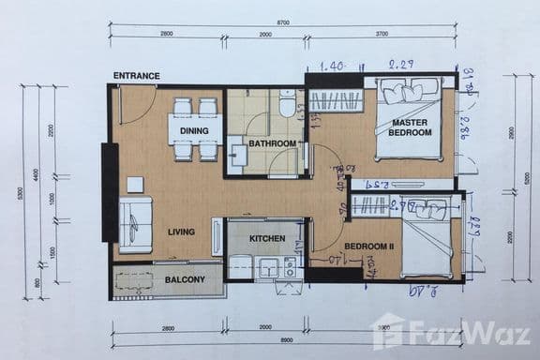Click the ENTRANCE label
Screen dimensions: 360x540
[136, 76]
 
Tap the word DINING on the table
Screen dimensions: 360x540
[194, 130]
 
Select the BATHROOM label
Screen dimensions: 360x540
[272, 143]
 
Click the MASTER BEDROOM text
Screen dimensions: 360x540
[411, 127]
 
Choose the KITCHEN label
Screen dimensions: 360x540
[267, 239]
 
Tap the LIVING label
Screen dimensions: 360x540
[181, 232]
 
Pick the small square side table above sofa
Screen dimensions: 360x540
[136, 184]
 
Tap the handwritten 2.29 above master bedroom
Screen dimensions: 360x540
[400, 65]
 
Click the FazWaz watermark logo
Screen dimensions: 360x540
[450, 333]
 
